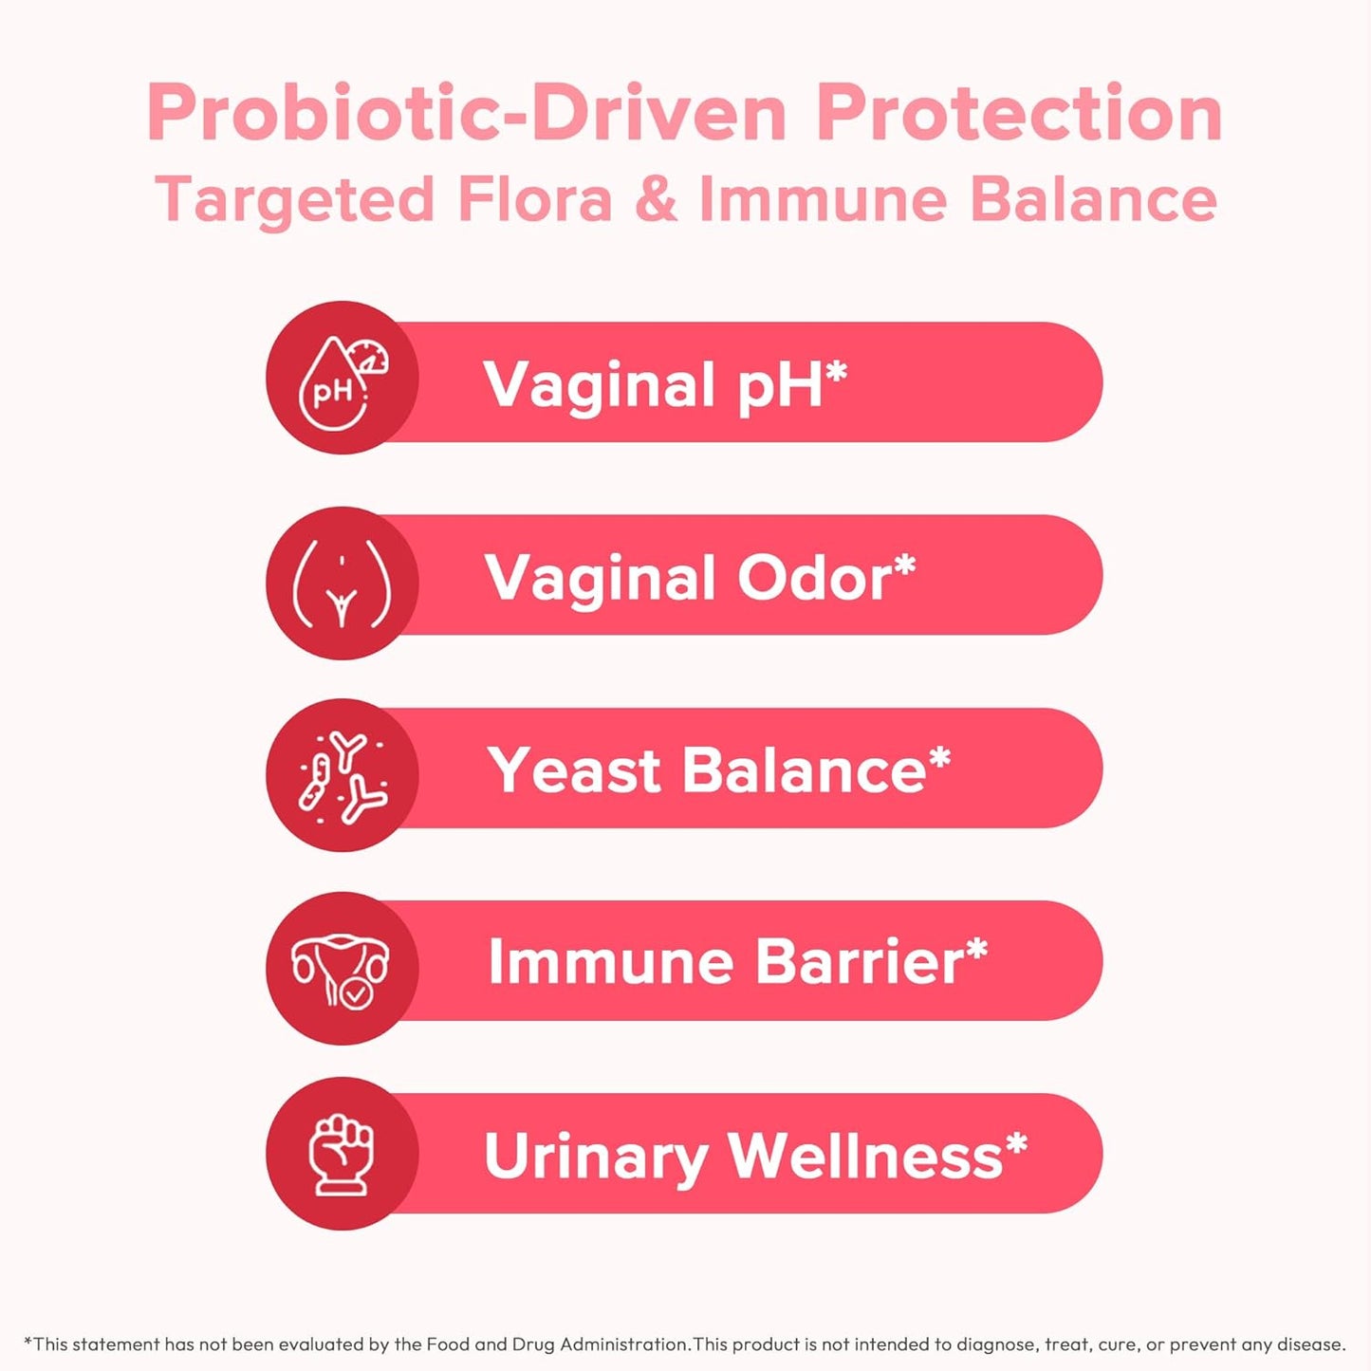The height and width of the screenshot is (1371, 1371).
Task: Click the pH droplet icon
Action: click(x=342, y=381)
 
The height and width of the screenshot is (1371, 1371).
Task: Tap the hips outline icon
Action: click(x=342, y=584)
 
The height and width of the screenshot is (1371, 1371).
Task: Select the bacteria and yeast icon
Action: click(x=342, y=776)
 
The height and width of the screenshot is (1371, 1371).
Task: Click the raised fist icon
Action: click(x=342, y=1155)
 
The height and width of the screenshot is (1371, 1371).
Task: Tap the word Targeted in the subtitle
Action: click(x=295, y=201)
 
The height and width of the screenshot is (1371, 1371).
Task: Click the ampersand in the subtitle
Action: click(x=656, y=200)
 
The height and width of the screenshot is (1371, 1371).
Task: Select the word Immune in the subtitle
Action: click(x=823, y=200)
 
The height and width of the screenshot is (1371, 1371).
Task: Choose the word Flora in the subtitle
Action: click(x=534, y=200)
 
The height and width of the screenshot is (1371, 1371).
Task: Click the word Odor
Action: click(x=814, y=578)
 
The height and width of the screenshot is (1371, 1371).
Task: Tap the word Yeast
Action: click(x=574, y=770)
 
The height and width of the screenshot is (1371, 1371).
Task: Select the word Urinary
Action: click(x=596, y=1158)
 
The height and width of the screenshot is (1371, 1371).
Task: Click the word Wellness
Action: click(x=864, y=1156)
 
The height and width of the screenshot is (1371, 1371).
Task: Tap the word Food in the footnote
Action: click(x=448, y=1343)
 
